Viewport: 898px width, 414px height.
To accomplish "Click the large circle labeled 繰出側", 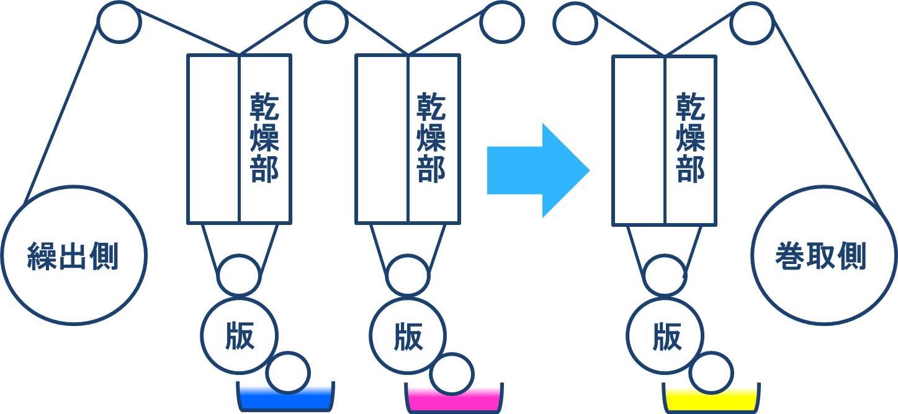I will [73, 255].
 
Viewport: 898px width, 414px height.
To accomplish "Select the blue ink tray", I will [285, 400].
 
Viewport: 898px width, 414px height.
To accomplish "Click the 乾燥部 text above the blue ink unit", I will [265, 138].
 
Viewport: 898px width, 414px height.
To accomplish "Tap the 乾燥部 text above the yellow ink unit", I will [691, 138].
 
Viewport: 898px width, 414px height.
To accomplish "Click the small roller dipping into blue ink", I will [287, 372].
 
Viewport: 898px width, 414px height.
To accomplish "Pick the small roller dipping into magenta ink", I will [452, 374].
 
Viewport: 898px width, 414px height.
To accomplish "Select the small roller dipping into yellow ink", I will [711, 372].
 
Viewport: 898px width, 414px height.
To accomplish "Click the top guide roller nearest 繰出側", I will [119, 22].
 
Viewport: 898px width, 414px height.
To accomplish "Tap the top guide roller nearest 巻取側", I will [751, 23].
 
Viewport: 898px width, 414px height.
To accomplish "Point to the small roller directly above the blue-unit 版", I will [239, 275].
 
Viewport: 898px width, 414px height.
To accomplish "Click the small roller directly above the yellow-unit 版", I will [665, 275].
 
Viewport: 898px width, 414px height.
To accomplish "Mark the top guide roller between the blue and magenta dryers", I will [326, 22].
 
